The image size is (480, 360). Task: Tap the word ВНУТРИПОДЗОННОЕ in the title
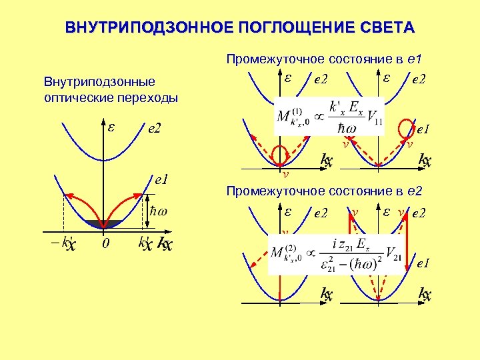pyautogui.click(x=143, y=28)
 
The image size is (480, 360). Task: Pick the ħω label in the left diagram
pyautogui.click(x=159, y=212)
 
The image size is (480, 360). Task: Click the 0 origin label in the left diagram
pyautogui.click(x=105, y=244)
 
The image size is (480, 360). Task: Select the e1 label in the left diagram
pyautogui.click(x=161, y=179)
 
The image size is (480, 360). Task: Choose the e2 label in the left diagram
pyautogui.click(x=154, y=128)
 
